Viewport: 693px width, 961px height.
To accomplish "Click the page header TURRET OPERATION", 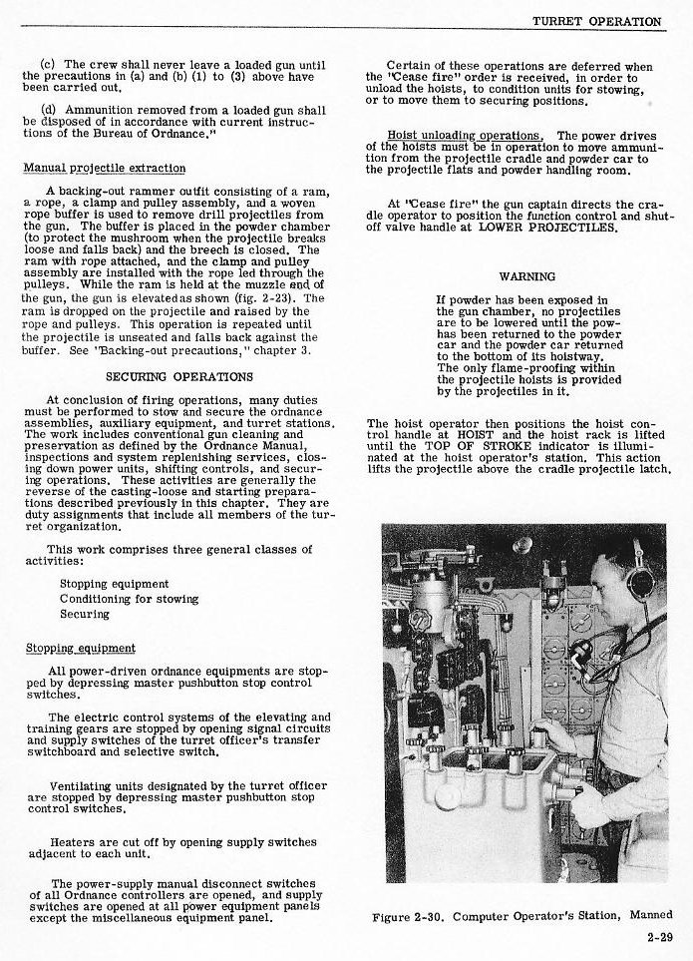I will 596,21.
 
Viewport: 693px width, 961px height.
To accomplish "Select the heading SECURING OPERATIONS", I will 179,376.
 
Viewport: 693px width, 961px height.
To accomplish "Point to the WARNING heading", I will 526,275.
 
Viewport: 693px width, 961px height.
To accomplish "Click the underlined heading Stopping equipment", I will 80,648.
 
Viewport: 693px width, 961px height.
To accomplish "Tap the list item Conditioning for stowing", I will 129,599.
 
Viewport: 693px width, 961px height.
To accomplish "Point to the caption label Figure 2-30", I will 404,915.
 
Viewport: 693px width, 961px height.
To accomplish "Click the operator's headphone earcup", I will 639,580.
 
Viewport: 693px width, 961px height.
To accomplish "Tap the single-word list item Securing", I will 85,614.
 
